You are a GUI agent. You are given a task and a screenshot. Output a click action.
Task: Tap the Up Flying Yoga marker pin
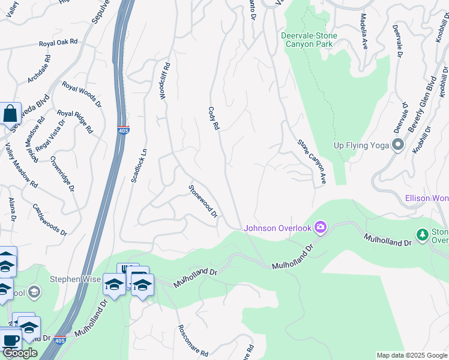(x=397, y=145)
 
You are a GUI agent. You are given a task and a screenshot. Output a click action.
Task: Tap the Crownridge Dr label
(x=62, y=175)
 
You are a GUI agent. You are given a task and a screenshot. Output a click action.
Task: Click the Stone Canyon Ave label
(x=312, y=162)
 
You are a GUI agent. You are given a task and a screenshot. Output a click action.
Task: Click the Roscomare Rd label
(x=193, y=341)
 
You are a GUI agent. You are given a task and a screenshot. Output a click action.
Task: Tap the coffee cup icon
(x=10, y=340)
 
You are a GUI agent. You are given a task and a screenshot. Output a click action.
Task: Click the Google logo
(x=20, y=353)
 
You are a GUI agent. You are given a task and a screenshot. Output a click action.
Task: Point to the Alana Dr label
(x=11, y=211)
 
